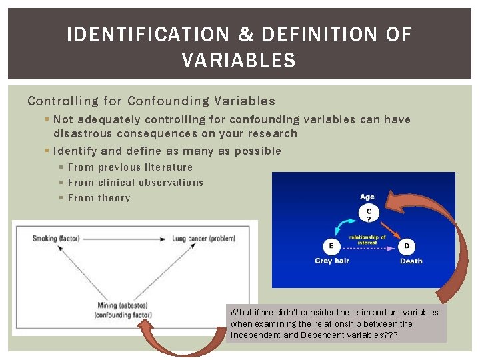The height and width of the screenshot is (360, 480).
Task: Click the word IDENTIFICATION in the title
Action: [147, 35]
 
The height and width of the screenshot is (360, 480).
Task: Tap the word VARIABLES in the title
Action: [239, 61]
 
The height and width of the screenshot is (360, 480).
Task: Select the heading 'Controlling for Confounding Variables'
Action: [151, 101]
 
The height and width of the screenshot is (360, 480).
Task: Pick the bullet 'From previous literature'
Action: [130, 167]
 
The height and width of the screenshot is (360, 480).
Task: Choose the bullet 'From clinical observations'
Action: [135, 183]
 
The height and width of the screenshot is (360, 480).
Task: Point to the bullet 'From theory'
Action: [99, 198]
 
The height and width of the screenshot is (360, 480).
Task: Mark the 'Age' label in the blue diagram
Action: [367, 197]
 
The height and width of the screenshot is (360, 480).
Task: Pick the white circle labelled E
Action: [331, 246]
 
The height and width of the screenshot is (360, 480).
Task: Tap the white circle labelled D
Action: [407, 246]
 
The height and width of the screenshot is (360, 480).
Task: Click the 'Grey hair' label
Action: [331, 261]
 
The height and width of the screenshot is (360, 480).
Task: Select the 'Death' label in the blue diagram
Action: [411, 261]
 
